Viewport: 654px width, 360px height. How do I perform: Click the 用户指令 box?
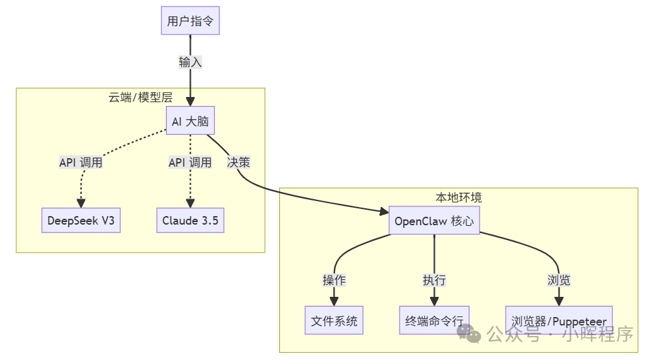point(191,21)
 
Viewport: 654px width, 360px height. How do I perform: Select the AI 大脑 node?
point(190,122)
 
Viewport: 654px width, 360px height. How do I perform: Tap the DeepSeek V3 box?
point(81,220)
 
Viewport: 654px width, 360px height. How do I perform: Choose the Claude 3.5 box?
point(190,220)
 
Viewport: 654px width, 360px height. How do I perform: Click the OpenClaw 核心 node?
point(434,221)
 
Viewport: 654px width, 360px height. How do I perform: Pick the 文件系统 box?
point(334,320)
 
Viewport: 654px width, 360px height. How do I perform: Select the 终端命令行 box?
point(434,320)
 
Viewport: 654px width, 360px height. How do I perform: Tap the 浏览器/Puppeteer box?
point(559,320)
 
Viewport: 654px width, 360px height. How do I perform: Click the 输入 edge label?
point(191,62)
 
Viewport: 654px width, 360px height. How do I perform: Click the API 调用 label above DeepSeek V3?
point(81,162)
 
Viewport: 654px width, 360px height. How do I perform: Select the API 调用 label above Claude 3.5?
point(190,162)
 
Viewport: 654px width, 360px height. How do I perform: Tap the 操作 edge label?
point(334,280)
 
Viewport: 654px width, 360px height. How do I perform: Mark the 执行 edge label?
point(434,280)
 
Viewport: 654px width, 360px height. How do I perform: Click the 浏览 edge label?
point(559,280)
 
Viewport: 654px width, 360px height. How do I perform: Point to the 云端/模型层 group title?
point(141,98)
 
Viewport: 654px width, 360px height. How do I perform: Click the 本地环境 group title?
point(459,197)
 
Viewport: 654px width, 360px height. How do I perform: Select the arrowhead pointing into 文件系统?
point(334,301)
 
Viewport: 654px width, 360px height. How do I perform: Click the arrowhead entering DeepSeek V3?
point(81,202)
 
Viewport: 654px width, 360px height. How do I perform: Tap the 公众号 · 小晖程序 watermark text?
point(560,335)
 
